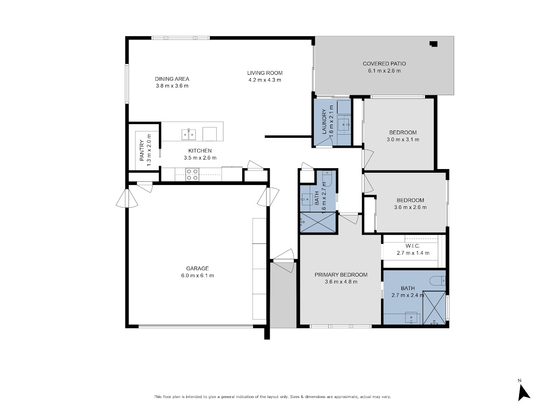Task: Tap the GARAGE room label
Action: tap(198, 268)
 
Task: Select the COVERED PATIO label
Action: tap(384, 63)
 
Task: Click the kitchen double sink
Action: tap(188, 135)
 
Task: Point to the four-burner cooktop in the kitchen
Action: tap(193, 175)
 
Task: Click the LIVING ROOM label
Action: tap(265, 73)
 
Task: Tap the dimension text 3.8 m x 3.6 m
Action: tap(172, 86)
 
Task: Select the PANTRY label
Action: tap(142, 151)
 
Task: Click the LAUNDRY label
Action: tap(324, 121)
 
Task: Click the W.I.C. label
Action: tap(413, 246)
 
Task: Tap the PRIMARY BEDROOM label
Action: tap(341, 275)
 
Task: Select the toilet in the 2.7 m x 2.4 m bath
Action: tap(437, 281)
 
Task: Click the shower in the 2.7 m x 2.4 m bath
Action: tap(434, 308)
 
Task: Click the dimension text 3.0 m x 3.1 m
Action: tap(403, 140)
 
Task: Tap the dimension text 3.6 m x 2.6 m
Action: tap(410, 207)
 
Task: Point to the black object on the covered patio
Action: tap(433, 44)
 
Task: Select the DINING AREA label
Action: tap(172, 79)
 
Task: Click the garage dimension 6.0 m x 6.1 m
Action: tap(198, 276)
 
